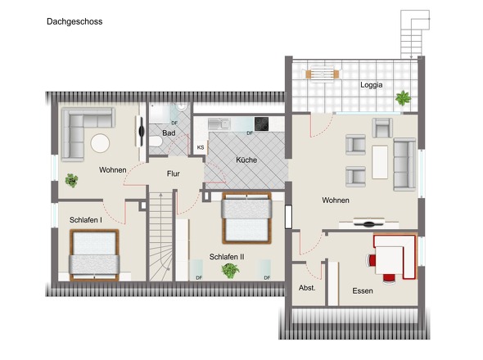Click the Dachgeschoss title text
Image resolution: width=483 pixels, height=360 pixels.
[74, 22]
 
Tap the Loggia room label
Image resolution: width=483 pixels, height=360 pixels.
[372, 85]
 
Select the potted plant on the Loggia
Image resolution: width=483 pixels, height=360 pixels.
[403, 98]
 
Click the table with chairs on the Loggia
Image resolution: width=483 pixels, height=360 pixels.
[323, 74]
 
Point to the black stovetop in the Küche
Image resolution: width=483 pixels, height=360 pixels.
[261, 124]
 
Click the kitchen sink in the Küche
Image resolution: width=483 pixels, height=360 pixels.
[219, 124]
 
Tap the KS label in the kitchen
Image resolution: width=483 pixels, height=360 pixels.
[201, 147]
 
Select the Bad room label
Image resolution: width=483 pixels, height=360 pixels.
[169, 133]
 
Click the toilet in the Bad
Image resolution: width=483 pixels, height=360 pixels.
[156, 142]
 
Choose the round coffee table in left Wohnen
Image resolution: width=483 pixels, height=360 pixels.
[100, 143]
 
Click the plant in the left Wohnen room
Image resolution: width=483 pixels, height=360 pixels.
[72, 180]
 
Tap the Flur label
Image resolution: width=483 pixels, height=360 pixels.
[173, 173]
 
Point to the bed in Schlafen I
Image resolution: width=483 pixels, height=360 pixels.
[94, 255]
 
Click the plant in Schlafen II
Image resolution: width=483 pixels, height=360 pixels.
[230, 271]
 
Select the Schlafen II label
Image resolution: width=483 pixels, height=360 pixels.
[227, 257]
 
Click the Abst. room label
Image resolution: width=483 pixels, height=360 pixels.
[307, 288]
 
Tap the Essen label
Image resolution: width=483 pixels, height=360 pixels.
[363, 291]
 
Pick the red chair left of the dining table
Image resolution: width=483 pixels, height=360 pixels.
[370, 261]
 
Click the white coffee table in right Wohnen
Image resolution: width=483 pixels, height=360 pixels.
[380, 162]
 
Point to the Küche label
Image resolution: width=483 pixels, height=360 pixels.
[246, 160]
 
